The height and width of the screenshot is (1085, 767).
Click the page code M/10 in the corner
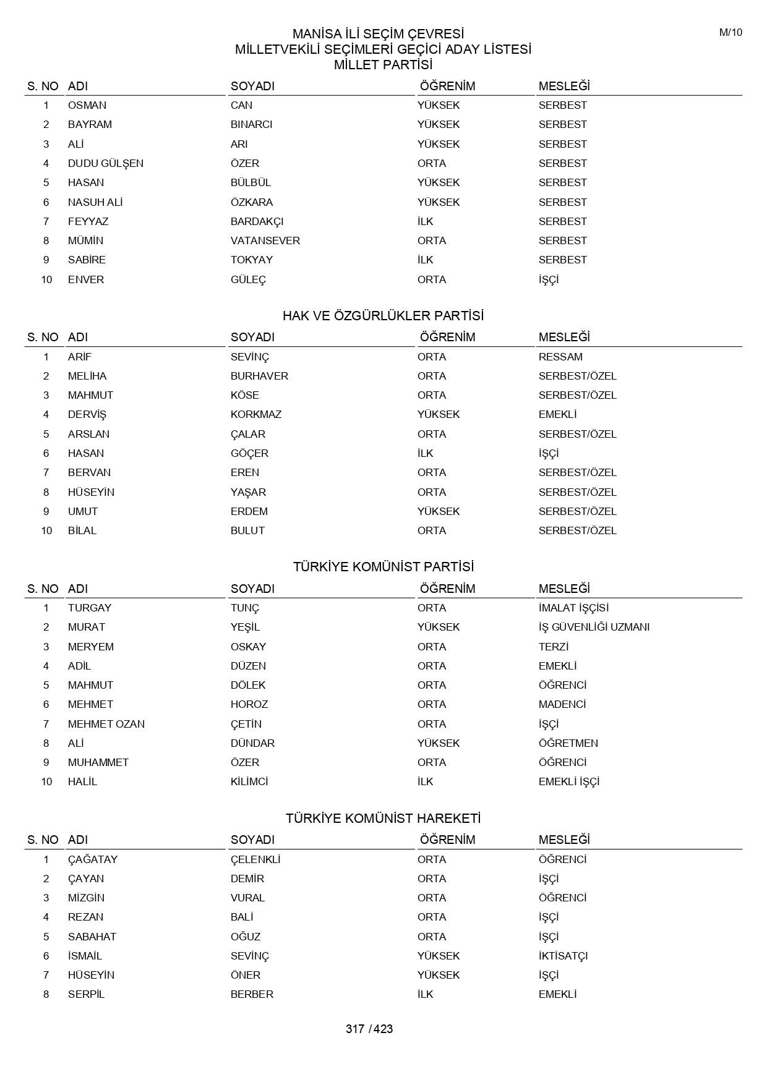coord(731,33)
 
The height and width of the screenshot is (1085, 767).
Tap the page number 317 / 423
coord(369,1029)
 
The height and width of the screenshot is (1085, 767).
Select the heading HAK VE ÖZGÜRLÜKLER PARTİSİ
coord(383,316)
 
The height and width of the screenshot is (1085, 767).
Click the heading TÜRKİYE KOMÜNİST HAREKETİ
coord(383,819)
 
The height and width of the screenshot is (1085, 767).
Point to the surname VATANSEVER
coord(265,240)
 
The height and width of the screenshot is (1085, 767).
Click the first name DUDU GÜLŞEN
coord(105,163)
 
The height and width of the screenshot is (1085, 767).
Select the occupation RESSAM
coord(560,357)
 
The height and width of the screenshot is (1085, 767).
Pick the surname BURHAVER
coord(259,376)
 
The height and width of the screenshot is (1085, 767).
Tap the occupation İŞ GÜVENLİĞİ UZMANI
coord(594,627)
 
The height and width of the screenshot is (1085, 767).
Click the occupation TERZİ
coord(553,647)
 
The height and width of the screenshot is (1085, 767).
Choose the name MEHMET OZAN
coord(106,724)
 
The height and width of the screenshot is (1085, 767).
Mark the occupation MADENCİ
coord(562,704)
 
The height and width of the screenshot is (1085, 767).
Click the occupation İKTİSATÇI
coord(563,956)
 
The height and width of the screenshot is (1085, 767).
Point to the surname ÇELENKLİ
coord(255,859)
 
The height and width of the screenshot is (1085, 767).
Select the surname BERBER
coord(252,994)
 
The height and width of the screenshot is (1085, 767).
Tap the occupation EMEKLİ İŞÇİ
coord(568,781)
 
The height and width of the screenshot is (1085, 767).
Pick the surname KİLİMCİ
coord(249,781)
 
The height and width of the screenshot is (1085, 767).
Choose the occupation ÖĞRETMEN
coord(568,743)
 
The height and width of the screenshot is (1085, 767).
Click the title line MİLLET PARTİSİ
coord(383,65)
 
